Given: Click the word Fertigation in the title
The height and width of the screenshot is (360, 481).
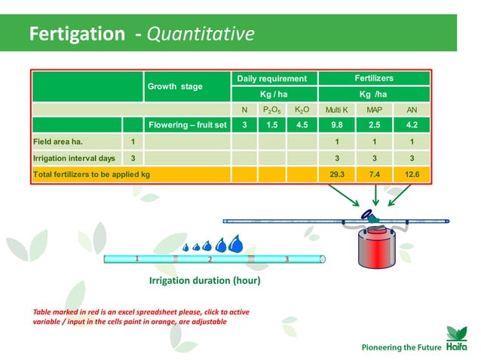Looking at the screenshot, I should (x=76, y=34).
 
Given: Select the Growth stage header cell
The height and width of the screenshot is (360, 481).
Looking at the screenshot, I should (x=175, y=87).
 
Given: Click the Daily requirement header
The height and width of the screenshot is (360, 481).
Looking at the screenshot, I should (x=272, y=78).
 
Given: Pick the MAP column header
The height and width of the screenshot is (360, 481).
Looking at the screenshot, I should (x=374, y=110).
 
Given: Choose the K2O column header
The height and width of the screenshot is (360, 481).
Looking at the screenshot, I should (x=302, y=110).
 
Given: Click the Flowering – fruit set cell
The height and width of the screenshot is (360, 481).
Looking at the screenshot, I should (x=188, y=125).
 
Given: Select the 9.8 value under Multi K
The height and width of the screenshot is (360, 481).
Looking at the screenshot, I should (x=336, y=125).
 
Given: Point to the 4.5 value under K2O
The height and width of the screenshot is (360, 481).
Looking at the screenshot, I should (x=302, y=125).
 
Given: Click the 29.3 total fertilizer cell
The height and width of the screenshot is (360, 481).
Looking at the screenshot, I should (x=336, y=174).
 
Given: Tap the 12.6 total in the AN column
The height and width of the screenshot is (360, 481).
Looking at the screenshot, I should (x=412, y=174).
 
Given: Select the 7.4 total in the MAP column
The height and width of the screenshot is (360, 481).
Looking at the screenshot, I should (x=374, y=174).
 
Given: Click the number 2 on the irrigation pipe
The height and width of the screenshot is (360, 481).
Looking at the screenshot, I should (x=210, y=259).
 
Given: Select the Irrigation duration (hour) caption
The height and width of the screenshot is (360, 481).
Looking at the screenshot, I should (x=204, y=281).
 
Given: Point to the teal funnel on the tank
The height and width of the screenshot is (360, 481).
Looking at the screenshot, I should (x=375, y=215).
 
